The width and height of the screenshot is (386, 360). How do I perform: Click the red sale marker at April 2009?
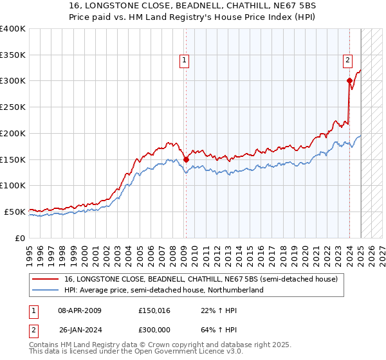coord(186,159)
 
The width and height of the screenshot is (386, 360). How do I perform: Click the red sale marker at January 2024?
coord(349,80)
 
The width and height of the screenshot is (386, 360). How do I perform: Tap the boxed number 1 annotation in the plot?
coord(185,60)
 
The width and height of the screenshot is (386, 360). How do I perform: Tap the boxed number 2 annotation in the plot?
coord(347,60)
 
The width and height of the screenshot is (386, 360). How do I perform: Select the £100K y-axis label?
coord(14,185)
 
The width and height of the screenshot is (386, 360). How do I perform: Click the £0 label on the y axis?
coord(21,238)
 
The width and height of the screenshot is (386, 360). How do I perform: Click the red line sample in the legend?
coord(46,279)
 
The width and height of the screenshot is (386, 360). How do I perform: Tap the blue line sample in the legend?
coord(46,290)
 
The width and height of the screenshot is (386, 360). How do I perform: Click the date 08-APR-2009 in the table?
coord(80,310)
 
